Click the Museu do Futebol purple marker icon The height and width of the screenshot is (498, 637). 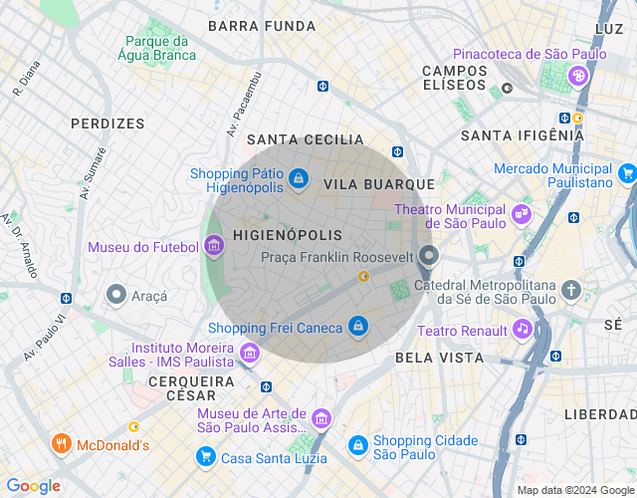pos(214,246)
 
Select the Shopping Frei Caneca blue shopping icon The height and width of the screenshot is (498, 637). pos(358,327)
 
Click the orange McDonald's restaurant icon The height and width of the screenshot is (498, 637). pos(61,444)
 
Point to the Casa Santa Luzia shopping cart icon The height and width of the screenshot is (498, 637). pos(206,456)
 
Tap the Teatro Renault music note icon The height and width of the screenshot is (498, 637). pos(522,330)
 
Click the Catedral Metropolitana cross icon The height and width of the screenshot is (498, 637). pos(570,290)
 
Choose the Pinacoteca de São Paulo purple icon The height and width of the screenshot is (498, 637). pos(577,76)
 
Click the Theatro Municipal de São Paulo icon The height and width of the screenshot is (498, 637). pos(521,214)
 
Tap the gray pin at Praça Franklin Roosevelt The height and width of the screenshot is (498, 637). pos(429,256)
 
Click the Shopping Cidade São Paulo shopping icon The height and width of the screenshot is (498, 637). pos(357,446)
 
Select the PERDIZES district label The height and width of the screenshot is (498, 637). pos(107,124)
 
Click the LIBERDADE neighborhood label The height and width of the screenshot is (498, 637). pos(600,413)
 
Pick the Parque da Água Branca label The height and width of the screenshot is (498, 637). pos(156,49)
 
